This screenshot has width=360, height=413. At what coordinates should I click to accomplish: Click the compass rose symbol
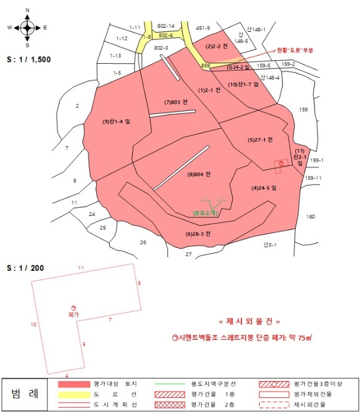pyautogui.click(x=27, y=27)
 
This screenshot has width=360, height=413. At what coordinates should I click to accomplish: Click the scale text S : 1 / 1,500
pyautogui.click(x=28, y=60)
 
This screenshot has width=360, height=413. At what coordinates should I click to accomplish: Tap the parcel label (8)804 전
pyautogui.click(x=199, y=174)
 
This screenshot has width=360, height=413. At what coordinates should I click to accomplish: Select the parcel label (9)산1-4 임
pyautogui.click(x=116, y=122)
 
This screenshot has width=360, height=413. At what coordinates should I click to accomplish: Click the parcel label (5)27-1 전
pyautogui.click(x=260, y=140)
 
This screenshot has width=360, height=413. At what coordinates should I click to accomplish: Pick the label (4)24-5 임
pyautogui.click(x=264, y=188)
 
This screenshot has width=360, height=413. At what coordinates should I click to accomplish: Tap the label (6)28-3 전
pyautogui.click(x=198, y=234)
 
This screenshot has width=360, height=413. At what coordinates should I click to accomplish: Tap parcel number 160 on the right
pyautogui.click(x=311, y=217)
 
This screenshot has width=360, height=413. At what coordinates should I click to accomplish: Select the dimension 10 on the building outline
pyautogui.click(x=34, y=324)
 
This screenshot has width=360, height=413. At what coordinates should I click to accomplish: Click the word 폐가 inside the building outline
pyautogui.click(x=73, y=315)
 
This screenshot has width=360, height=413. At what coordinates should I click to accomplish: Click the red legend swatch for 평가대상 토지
pyautogui.click(x=73, y=384)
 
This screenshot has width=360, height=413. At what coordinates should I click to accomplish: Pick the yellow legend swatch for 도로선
pyautogui.click(x=73, y=394)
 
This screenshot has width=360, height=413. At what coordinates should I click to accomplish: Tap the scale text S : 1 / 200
pyautogui.click(x=24, y=268)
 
